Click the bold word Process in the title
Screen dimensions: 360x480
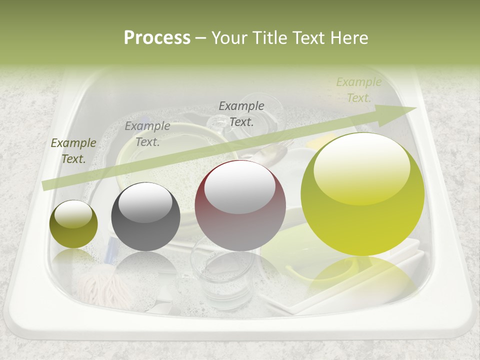pyautogui.click(x=157, y=38)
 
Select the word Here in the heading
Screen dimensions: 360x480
pyautogui.click(x=348, y=38)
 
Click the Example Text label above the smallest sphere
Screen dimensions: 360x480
pyautogui.click(x=73, y=151)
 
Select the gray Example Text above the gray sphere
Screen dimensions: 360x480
pyautogui.click(x=147, y=134)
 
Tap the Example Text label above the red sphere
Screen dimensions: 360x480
pyautogui.click(x=241, y=113)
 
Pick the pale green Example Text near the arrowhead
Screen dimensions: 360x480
pyautogui.click(x=358, y=90)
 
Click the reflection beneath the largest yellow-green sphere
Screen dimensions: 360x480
pyautogui.click(x=362, y=275)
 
